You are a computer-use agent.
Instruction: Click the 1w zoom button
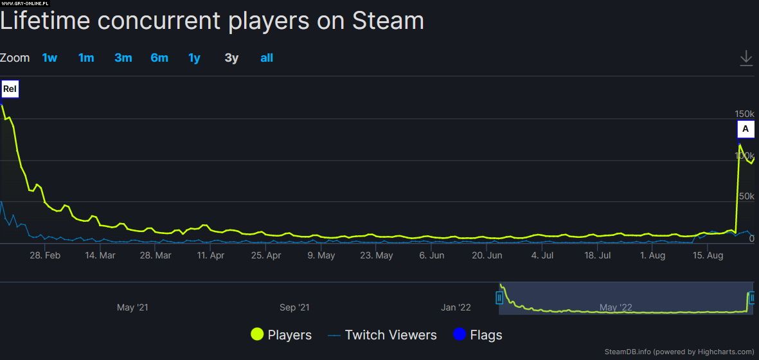(49, 58)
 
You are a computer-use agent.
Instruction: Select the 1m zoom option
(86, 58)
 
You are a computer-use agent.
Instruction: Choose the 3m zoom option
(123, 58)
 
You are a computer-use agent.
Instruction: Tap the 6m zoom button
(159, 58)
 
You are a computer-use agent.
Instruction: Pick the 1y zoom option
(194, 58)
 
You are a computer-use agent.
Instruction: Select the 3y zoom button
(231, 58)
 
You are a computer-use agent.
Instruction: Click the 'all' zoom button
(267, 58)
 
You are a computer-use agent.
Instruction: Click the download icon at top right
(746, 58)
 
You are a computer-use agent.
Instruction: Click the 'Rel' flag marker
(10, 89)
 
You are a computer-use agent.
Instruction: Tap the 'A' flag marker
(746, 129)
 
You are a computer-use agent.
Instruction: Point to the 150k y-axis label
(744, 114)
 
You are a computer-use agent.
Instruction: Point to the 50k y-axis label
(746, 196)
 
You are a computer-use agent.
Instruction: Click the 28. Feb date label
(45, 255)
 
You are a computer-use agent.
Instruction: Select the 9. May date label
(321, 255)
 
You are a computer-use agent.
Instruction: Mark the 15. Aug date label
(708, 255)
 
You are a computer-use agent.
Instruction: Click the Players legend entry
(281, 335)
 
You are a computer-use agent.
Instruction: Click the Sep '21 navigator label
(295, 307)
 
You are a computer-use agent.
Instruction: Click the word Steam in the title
(388, 21)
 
